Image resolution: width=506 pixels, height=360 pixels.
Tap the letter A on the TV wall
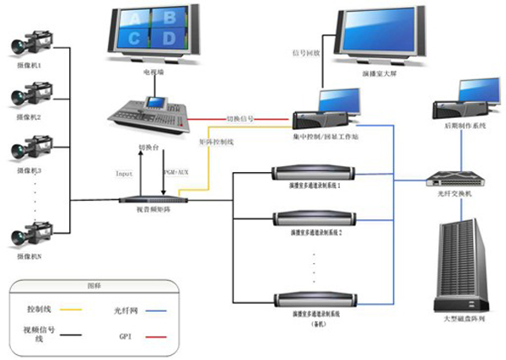click(x=133, y=17)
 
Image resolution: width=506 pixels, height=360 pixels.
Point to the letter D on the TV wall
click(x=170, y=38)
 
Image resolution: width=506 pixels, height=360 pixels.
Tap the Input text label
click(x=124, y=173)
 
